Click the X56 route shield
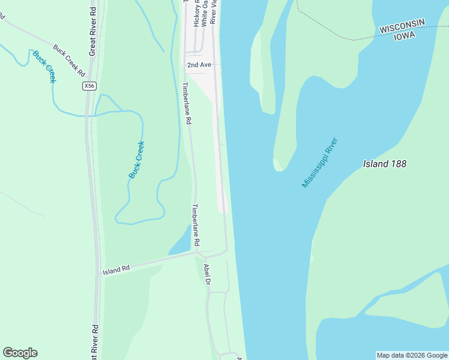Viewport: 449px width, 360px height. click(89, 86)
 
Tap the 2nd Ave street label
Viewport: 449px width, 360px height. click(199, 64)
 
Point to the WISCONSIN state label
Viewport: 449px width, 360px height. click(402, 26)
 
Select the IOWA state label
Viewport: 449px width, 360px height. click(405, 35)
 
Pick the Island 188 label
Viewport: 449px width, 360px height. click(385, 163)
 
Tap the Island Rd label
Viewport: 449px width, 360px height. click(116, 270)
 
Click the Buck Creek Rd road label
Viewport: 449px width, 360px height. click(69, 60)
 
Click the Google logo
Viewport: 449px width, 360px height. click(20, 353)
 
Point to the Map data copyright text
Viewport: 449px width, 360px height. click(412, 355)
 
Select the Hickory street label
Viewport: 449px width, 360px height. click(196, 13)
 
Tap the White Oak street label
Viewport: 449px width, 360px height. click(204, 13)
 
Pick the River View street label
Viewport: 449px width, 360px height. click(212, 12)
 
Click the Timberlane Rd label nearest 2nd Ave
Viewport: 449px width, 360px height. click(187, 103)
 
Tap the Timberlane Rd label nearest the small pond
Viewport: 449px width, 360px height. click(194, 224)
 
